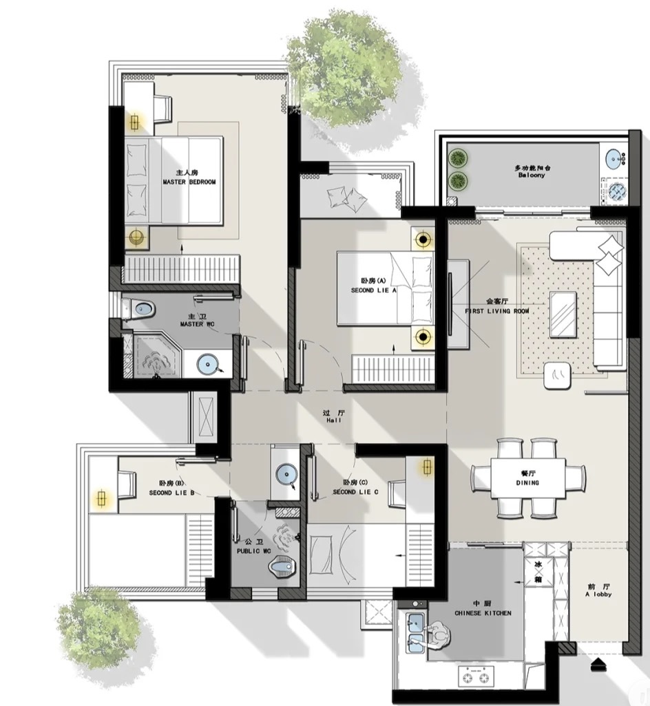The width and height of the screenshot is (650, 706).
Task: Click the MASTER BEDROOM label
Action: pyautogui.click(x=189, y=182)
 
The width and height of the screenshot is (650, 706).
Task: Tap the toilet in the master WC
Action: pyautogui.click(x=140, y=309)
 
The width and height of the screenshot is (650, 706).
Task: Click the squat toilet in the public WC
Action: pyautogui.click(x=281, y=566)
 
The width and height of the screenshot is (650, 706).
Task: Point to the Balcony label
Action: pyautogui.click(x=532, y=175)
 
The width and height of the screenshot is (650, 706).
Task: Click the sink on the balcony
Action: pyautogui.click(x=615, y=158)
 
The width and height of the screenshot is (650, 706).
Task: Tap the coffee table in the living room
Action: pyautogui.click(x=563, y=314)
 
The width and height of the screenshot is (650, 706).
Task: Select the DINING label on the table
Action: pyautogui.click(x=527, y=482)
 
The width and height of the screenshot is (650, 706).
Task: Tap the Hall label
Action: pyautogui.click(x=334, y=420)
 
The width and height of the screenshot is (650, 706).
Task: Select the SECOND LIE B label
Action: pyautogui.click(x=171, y=493)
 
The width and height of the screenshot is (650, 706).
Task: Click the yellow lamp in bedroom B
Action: pyautogui.click(x=102, y=498)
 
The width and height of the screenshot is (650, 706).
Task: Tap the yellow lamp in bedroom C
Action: pyautogui.click(x=427, y=467)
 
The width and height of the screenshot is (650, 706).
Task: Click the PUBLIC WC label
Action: pyautogui.click(x=254, y=551)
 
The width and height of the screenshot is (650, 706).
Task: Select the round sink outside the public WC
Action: pyautogui.click(x=285, y=474)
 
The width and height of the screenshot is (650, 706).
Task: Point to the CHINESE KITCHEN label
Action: pyautogui.click(x=483, y=613)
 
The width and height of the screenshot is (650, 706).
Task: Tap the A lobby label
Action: pyautogui.click(x=598, y=595)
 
